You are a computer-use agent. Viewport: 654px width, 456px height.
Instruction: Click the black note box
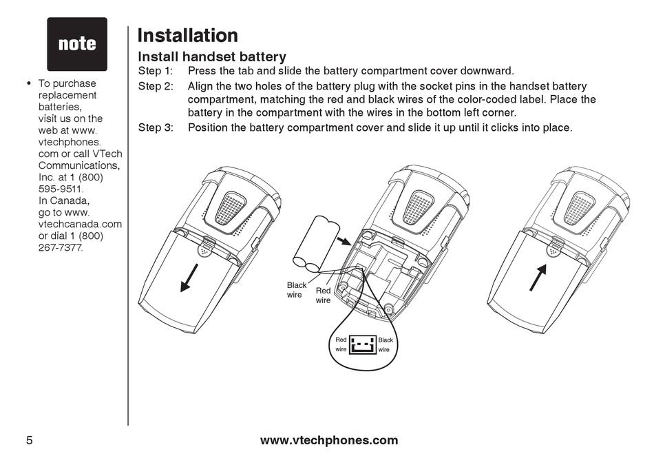click(x=77, y=44)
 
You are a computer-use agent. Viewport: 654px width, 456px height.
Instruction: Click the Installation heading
click(x=187, y=35)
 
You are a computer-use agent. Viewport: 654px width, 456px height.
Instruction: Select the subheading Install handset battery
click(x=212, y=56)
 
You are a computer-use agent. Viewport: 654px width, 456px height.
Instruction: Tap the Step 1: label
click(x=155, y=71)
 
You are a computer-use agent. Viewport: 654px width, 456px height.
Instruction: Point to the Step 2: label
click(x=155, y=86)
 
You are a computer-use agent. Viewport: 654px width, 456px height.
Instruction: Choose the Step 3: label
click(x=155, y=127)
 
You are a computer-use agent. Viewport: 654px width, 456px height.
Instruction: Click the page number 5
click(x=30, y=440)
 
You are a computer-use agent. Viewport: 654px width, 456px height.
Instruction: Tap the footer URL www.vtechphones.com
click(x=329, y=440)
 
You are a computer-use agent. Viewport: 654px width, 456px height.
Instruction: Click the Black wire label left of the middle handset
click(x=297, y=289)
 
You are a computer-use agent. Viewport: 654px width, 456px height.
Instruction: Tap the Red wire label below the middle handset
click(x=323, y=296)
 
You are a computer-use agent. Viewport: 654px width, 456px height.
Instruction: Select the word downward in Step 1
click(x=486, y=71)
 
